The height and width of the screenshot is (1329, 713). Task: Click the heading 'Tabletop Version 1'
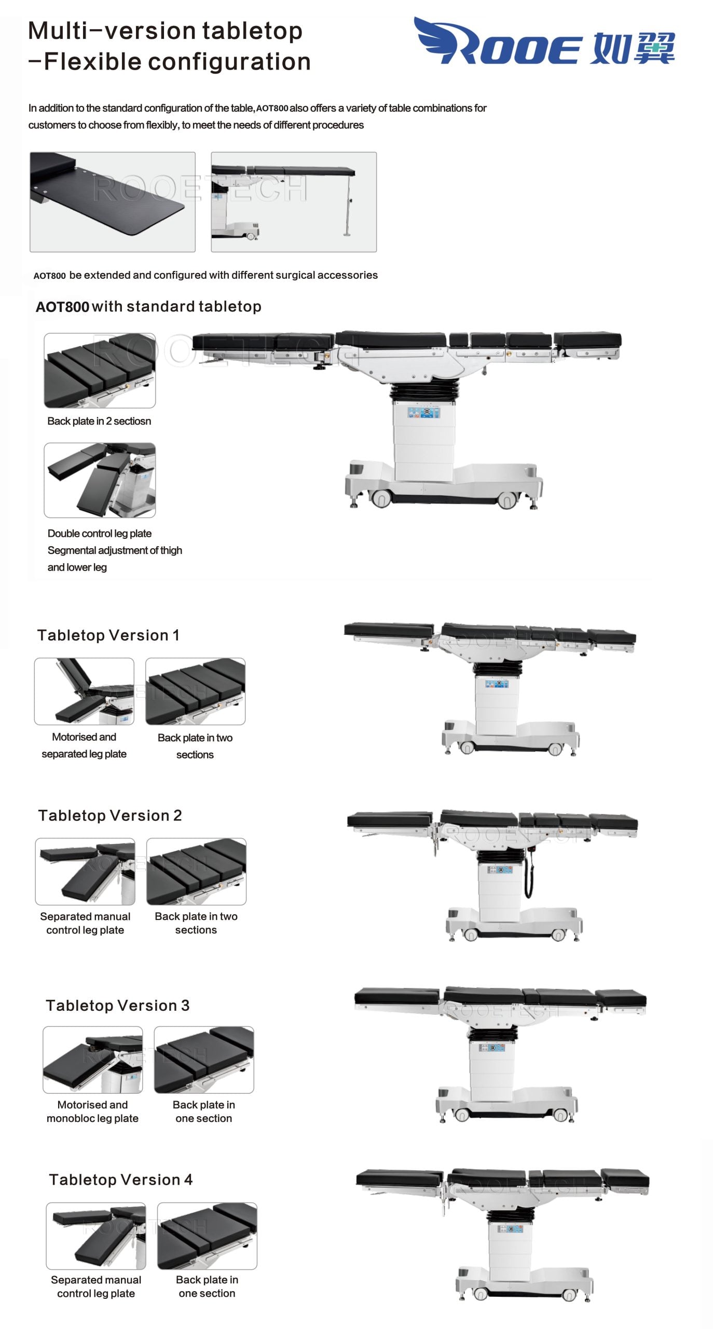[x=108, y=635]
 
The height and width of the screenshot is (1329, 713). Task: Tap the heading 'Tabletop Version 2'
[x=110, y=816]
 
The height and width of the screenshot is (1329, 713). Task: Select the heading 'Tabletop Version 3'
[x=118, y=1006]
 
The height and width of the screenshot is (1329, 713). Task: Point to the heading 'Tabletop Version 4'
[x=120, y=1179]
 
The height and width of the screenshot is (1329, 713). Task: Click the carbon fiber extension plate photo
[x=113, y=202]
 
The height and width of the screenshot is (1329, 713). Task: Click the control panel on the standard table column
[x=423, y=413]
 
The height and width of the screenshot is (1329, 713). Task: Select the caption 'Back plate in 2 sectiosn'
[x=99, y=421]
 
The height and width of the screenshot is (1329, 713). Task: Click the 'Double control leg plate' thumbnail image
[x=100, y=480]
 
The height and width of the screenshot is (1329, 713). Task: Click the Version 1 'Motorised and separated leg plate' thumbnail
[x=84, y=691]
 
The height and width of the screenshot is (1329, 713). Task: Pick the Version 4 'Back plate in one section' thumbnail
[x=207, y=1236]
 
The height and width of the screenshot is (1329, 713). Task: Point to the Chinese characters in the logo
[x=634, y=48]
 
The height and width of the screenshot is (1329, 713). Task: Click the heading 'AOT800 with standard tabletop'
[x=148, y=307]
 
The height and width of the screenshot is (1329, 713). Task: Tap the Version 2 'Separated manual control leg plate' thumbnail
[x=85, y=871]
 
